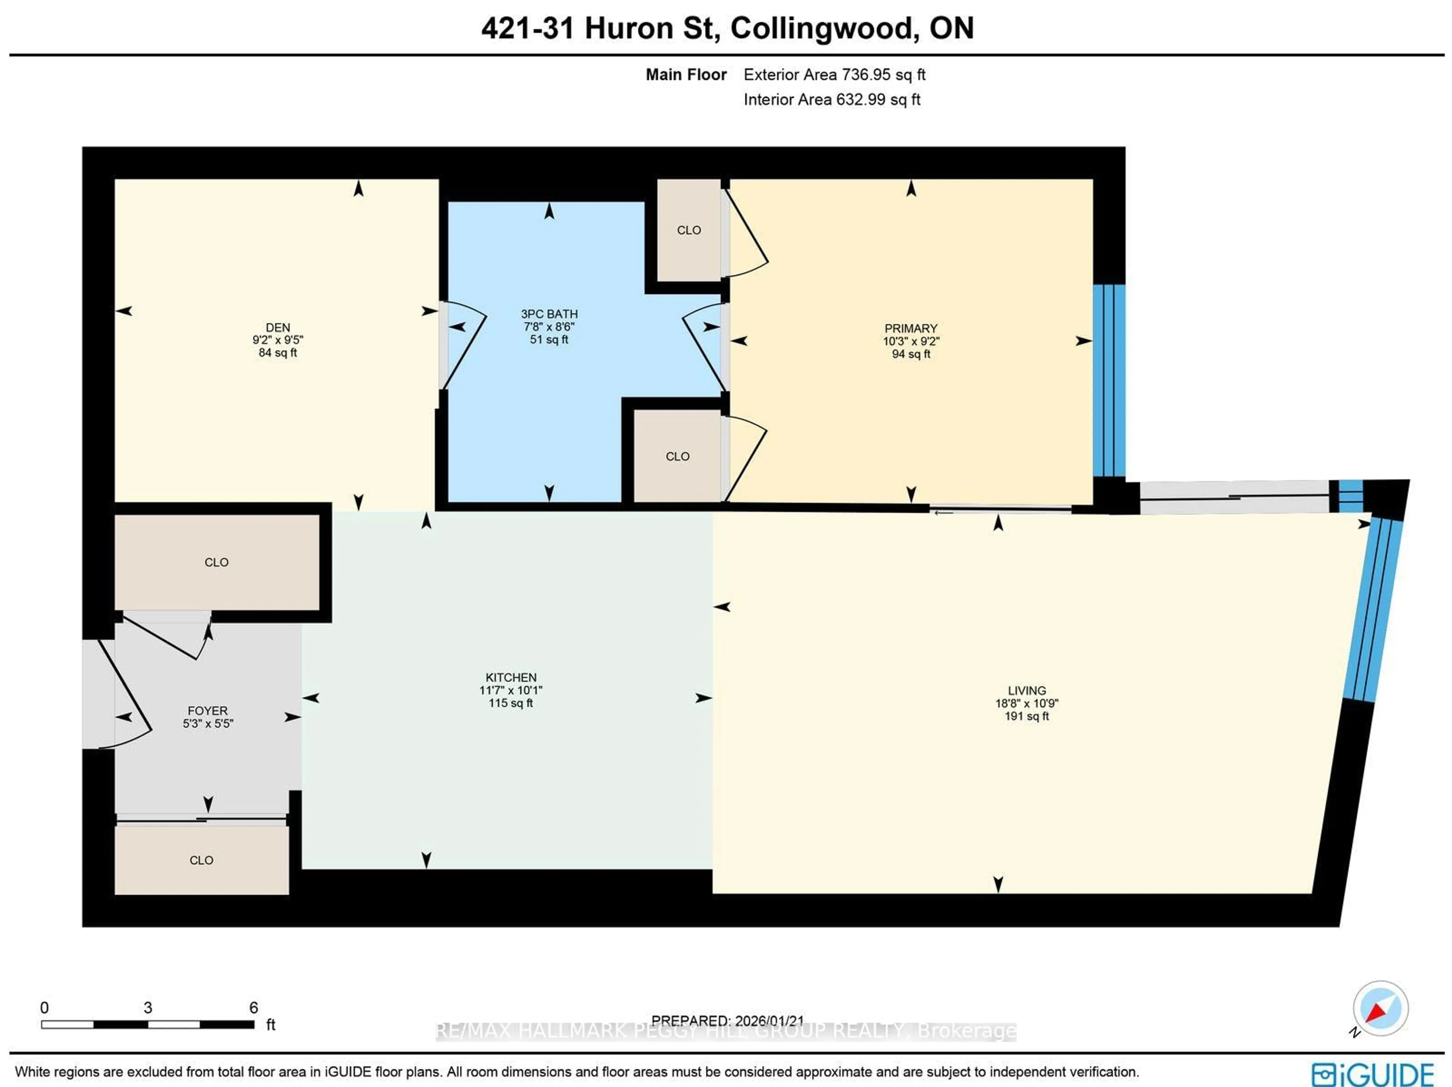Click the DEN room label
[278, 327]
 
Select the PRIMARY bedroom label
[911, 328]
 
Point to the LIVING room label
[1027, 690]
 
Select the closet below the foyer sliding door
[202, 860]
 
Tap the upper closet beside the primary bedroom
[689, 230]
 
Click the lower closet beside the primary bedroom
[678, 456]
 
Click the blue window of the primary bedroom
[1109, 381]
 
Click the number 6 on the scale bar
[253, 1008]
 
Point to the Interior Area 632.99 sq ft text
[831, 100]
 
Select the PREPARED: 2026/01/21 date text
[727, 1021]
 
